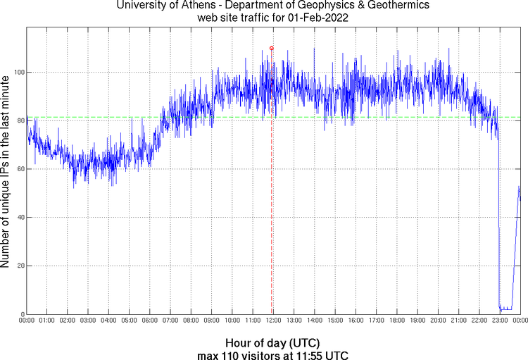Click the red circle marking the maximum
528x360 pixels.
click(272, 48)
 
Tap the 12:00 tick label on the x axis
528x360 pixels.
click(273, 321)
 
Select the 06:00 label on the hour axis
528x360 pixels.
click(150, 321)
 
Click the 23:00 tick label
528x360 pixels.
click(500, 321)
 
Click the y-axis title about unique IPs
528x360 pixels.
click(6, 174)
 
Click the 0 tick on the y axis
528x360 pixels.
click(22, 314)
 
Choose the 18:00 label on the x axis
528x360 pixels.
click(396, 321)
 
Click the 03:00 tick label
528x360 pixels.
click(88, 321)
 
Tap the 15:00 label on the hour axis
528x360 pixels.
click(335, 321)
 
